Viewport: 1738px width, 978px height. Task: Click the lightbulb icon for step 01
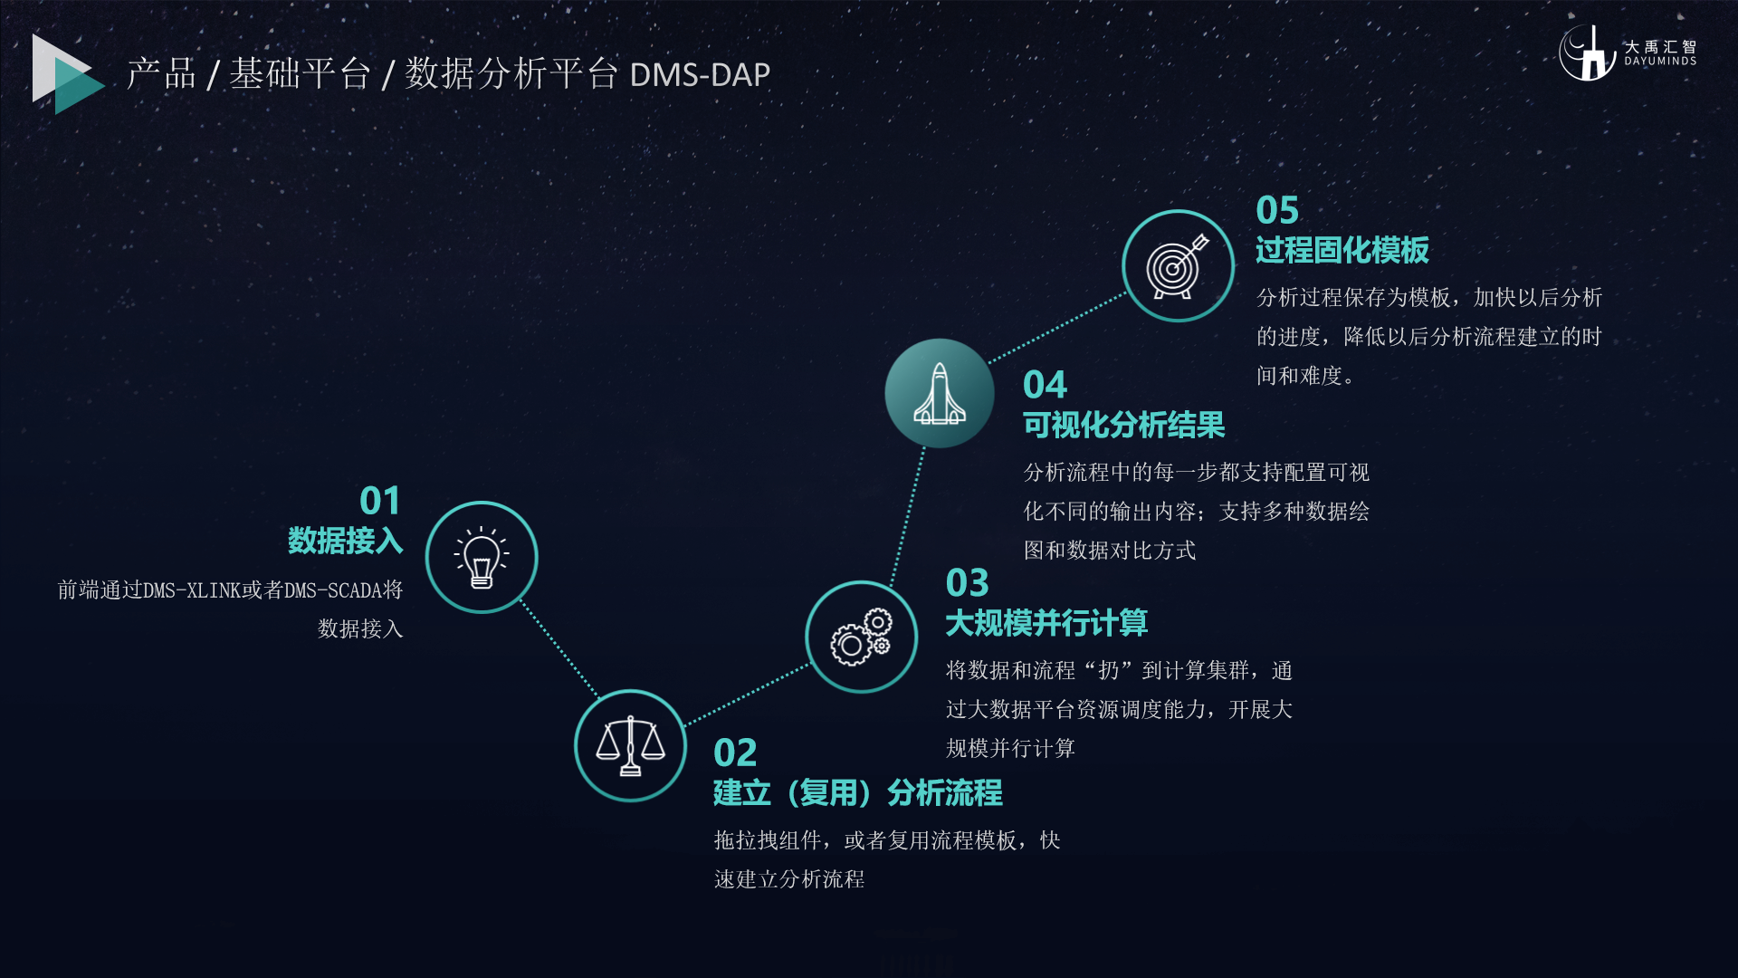point(482,557)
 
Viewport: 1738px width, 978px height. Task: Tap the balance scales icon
point(630,746)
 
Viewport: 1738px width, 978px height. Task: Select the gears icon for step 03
point(862,637)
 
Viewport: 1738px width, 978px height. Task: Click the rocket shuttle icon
point(940,393)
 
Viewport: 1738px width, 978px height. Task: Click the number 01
point(380,501)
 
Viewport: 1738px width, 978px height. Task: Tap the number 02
point(735,753)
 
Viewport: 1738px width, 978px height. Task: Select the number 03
point(968,582)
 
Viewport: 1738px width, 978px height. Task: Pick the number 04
point(1046,385)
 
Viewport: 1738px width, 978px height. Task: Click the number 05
point(1277,210)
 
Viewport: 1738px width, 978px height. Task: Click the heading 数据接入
point(346,541)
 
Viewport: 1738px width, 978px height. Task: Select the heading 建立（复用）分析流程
point(858,793)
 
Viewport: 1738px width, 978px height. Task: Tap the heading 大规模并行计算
point(1046,623)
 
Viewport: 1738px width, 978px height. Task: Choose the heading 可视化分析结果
point(1124,425)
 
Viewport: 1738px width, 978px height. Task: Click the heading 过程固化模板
point(1342,250)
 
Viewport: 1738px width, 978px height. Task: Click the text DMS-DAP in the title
point(700,74)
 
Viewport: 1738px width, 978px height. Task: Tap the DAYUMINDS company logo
point(1627,53)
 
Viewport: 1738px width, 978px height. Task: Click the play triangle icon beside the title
point(67,74)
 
